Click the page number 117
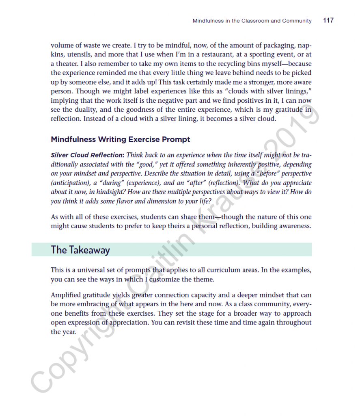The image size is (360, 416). [x=328, y=20]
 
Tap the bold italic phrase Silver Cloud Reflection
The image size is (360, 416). [x=87, y=155]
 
